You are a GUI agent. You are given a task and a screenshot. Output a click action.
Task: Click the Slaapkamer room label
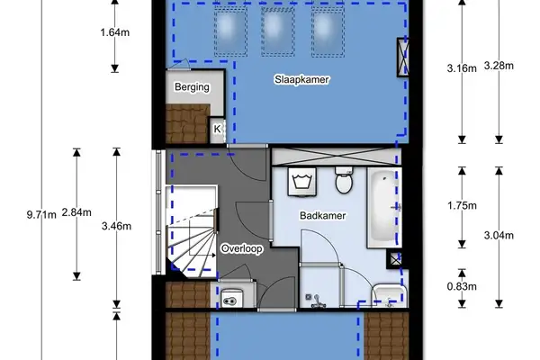click(x=301, y=80)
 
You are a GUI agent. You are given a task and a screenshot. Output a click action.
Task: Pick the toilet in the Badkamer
click(x=342, y=181)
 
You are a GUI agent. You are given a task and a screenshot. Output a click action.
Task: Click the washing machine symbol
click(x=301, y=182)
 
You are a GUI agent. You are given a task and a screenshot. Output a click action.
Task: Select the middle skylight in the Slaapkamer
click(x=274, y=31)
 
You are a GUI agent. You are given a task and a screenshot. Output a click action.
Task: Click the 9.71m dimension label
click(x=41, y=213)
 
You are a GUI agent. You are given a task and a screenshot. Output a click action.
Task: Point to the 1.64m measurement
click(x=114, y=36)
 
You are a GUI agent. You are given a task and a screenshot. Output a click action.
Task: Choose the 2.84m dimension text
click(x=80, y=212)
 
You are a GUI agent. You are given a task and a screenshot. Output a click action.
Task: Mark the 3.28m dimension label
click(x=498, y=66)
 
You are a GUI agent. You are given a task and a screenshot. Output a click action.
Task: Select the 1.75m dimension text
click(x=461, y=205)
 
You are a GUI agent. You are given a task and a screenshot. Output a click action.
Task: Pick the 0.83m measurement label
click(x=461, y=287)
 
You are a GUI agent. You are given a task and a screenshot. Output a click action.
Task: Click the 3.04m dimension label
click(x=498, y=236)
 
